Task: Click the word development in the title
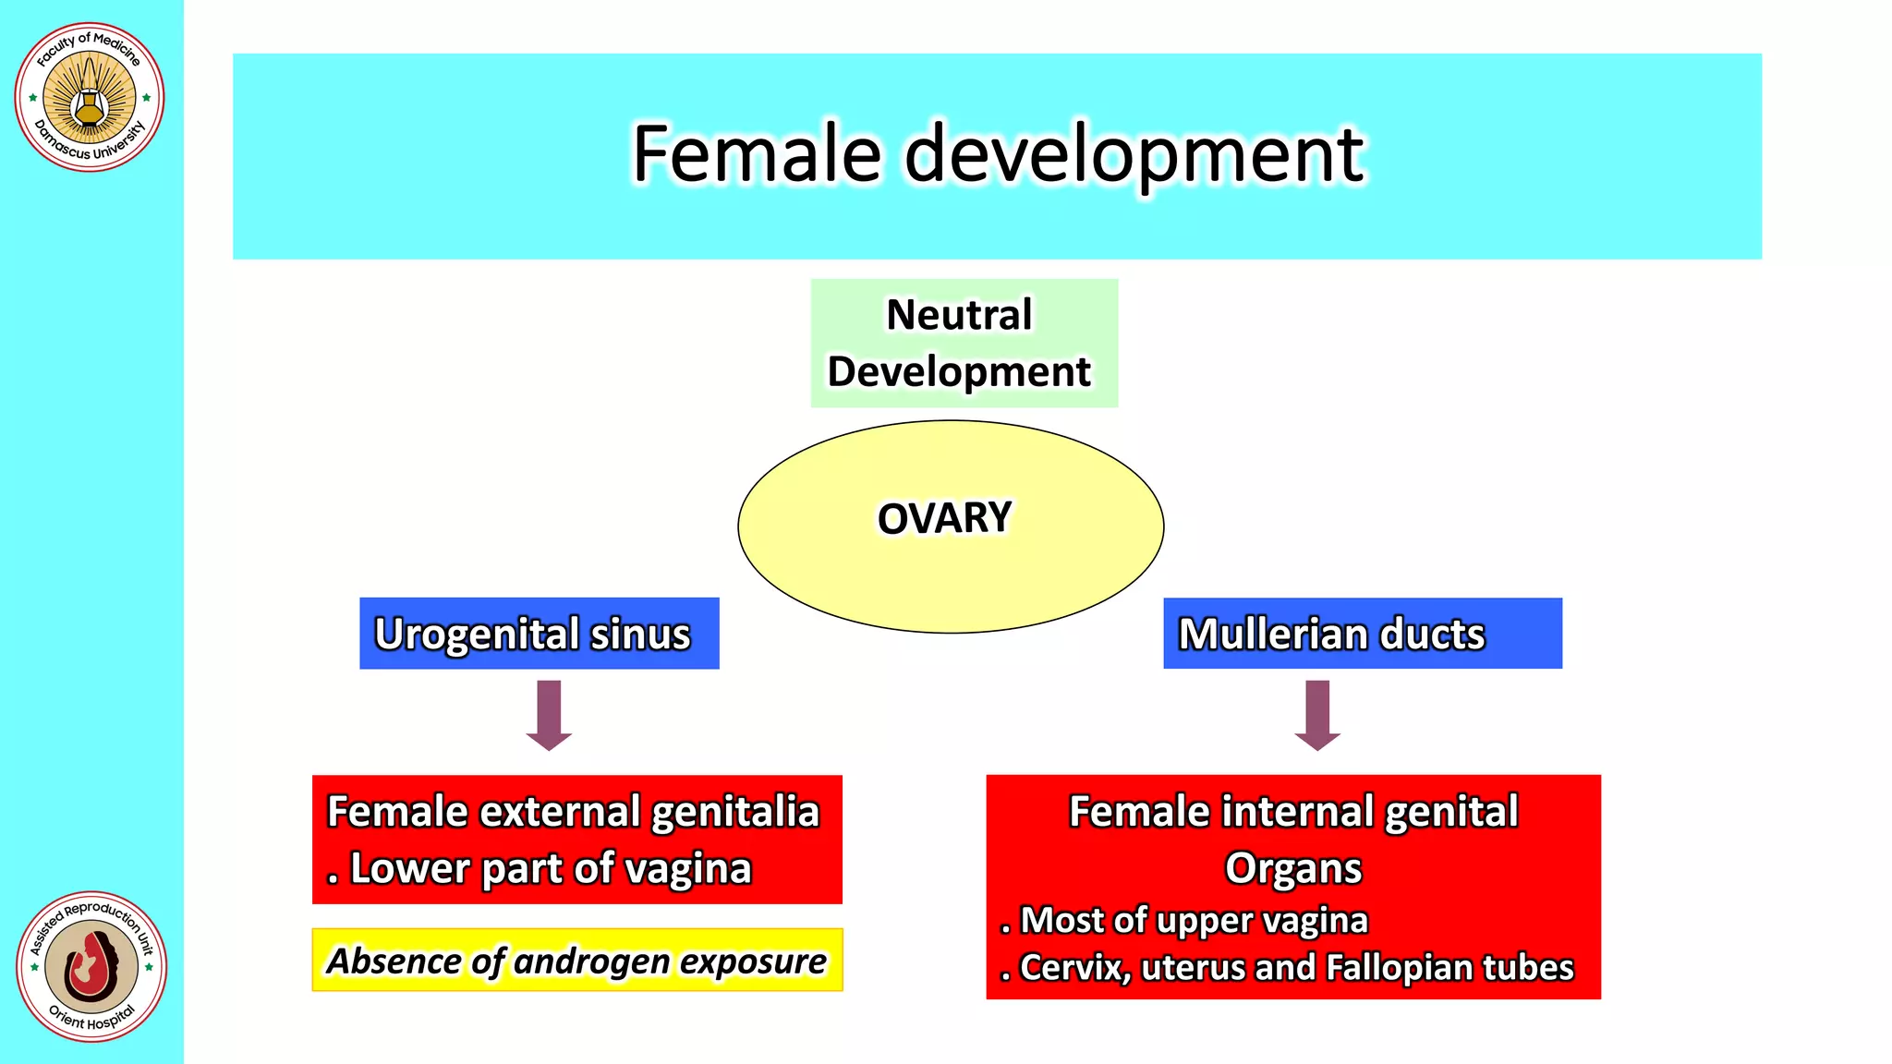pyautogui.click(x=1134, y=155)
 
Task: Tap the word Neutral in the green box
pyautogui.click(x=959, y=315)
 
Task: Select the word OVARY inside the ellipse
pyautogui.click(x=944, y=518)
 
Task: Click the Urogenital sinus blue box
pyautogui.click(x=539, y=634)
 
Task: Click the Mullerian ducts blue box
pyautogui.click(x=1362, y=634)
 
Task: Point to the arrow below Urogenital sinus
pyautogui.click(x=549, y=715)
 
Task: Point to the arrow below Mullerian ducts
pyautogui.click(x=1316, y=715)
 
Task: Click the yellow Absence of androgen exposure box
pyautogui.click(x=576, y=961)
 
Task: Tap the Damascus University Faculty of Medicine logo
pyautogui.click(x=90, y=97)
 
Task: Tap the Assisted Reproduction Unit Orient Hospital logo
pyautogui.click(x=91, y=966)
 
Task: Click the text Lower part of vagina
pyautogui.click(x=551, y=869)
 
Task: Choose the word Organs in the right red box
pyautogui.click(x=1292, y=868)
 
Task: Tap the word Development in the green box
pyautogui.click(x=959, y=372)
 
